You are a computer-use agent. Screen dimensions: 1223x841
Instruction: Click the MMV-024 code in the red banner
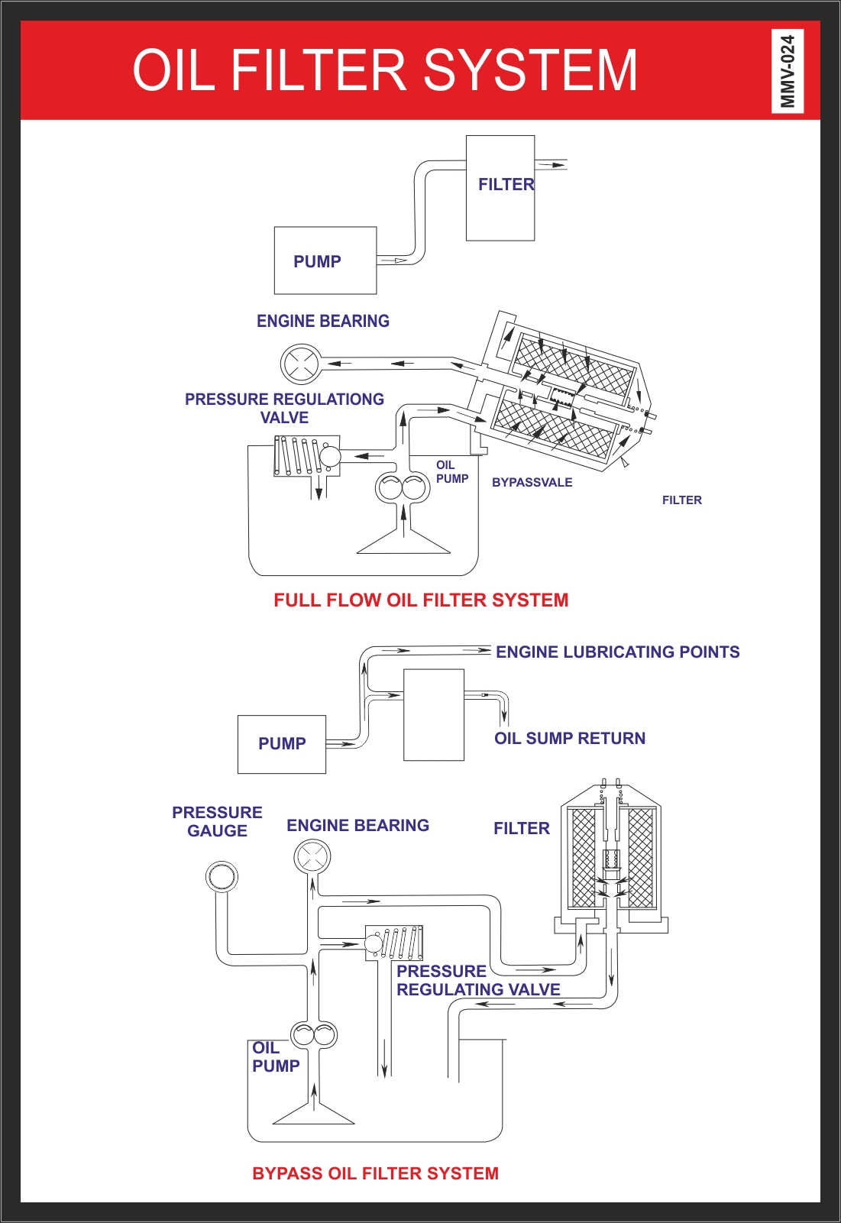coord(788,71)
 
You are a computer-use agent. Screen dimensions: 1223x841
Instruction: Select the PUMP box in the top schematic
coord(325,260)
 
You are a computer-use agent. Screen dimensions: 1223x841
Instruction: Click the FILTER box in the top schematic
coord(500,188)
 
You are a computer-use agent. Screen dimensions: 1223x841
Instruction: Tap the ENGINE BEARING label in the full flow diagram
coord(322,321)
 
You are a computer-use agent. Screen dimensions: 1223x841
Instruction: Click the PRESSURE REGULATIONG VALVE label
coord(284,408)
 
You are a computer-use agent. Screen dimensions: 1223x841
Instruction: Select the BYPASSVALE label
coord(532,482)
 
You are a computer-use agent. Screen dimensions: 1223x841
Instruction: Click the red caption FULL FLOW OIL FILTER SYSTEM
coord(421,600)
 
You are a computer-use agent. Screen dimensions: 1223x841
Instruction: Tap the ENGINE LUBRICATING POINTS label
coord(617,652)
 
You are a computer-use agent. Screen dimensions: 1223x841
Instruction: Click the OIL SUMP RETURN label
coord(569,738)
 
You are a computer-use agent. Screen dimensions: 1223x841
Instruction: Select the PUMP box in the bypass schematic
coord(282,744)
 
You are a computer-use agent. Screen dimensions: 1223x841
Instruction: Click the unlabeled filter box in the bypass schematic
coord(434,715)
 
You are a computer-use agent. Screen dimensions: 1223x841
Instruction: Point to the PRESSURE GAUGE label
coord(217,821)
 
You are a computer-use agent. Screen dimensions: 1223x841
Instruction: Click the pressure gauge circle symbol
coord(222,875)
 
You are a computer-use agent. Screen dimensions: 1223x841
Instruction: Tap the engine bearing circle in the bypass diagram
coord(312,856)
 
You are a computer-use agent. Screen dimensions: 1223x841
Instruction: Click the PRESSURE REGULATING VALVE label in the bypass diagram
coord(477,980)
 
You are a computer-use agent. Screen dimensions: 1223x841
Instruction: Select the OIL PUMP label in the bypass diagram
coord(275,1056)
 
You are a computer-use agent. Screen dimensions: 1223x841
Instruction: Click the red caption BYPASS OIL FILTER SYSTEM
coord(375,1173)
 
